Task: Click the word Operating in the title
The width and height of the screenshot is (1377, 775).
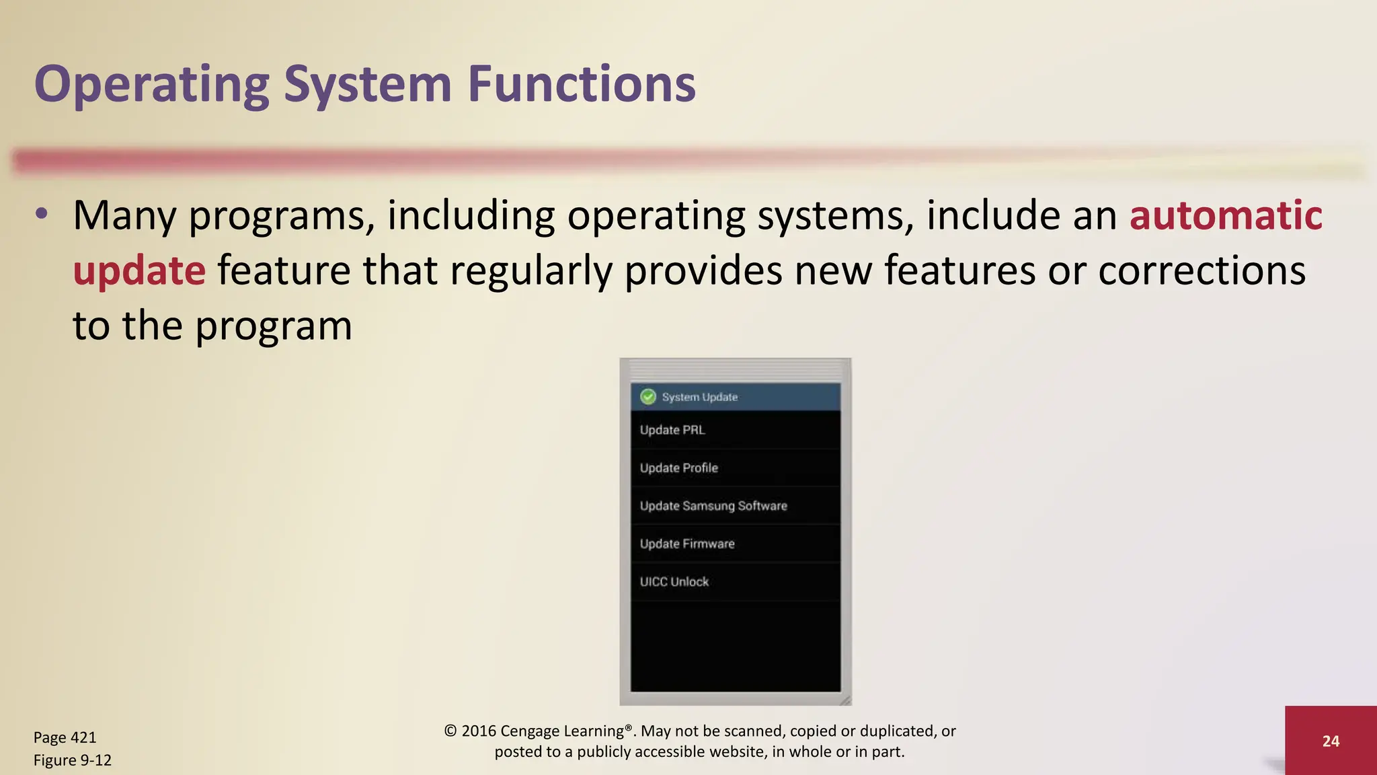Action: click(x=151, y=85)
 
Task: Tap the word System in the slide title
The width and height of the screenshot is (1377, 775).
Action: click(x=367, y=85)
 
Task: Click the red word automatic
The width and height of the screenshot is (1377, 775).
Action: click(x=1226, y=216)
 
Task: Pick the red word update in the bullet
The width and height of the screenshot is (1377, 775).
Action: click(x=139, y=271)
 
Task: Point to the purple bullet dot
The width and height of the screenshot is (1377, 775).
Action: click(x=42, y=214)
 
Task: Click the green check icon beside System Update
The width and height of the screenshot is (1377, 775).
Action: click(x=647, y=397)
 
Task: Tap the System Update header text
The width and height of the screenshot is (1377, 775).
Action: click(x=699, y=397)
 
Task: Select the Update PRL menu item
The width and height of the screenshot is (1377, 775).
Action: click(x=672, y=430)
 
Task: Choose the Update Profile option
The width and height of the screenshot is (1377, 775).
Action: click(x=678, y=468)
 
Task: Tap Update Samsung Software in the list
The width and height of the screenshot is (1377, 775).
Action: click(x=713, y=506)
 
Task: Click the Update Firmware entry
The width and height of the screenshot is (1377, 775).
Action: click(x=686, y=544)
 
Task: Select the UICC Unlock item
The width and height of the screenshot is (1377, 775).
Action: click(x=674, y=582)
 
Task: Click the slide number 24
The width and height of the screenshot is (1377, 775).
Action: click(x=1330, y=741)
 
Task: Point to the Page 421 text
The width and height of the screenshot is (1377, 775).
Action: click(x=65, y=737)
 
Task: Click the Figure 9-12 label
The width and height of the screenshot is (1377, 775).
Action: click(x=72, y=760)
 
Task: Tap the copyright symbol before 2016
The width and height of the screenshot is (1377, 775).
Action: click(x=450, y=731)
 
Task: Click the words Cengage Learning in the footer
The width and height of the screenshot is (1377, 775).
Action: click(x=561, y=731)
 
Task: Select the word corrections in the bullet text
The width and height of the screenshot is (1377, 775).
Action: click(x=1202, y=271)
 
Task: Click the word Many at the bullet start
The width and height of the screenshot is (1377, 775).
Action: click(x=124, y=216)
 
